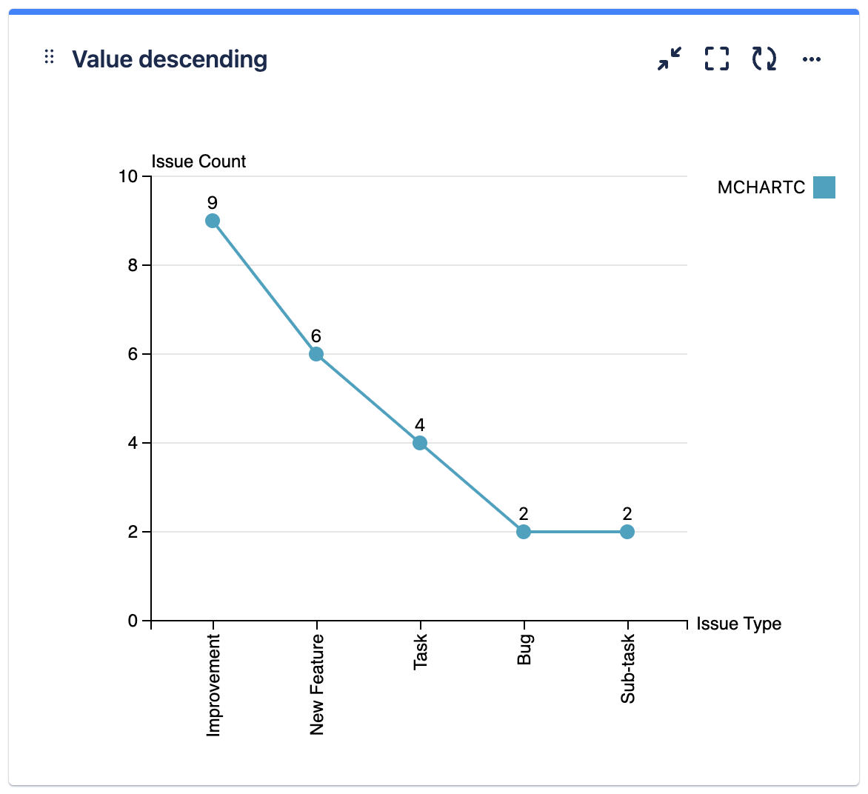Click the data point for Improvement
(x=213, y=221)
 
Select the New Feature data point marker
(x=316, y=354)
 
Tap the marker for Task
(x=420, y=443)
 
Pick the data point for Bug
(x=524, y=532)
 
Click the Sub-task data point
(x=627, y=532)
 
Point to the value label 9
(x=213, y=203)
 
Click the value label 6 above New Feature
(x=316, y=337)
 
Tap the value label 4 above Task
(x=420, y=425)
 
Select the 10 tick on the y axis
(x=128, y=176)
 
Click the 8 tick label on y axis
(x=133, y=265)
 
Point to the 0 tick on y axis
(x=133, y=621)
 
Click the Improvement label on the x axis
(x=213, y=685)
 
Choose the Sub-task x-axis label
(x=628, y=669)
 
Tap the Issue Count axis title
(x=198, y=161)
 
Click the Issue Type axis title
(x=738, y=624)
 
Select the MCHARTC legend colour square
(x=824, y=187)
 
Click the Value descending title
(x=170, y=59)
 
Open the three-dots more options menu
(x=812, y=59)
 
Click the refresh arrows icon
(x=764, y=59)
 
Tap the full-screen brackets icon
(x=717, y=59)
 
